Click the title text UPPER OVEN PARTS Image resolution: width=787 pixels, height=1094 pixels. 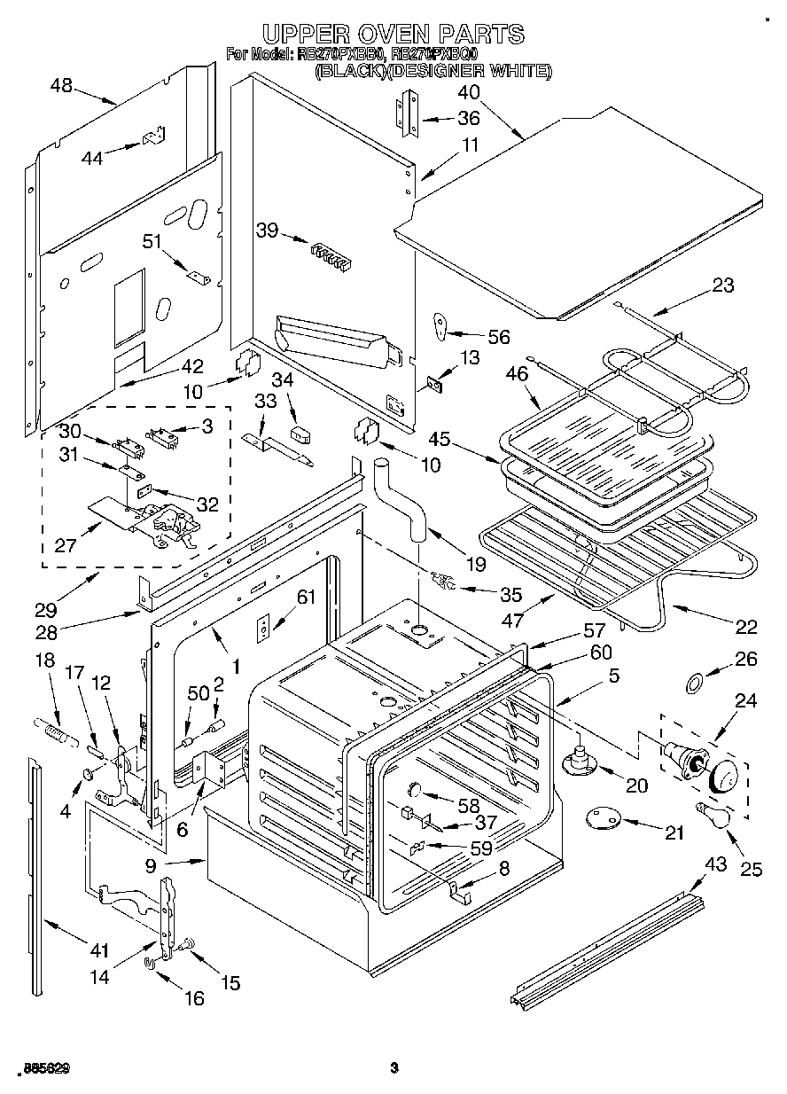tap(393, 34)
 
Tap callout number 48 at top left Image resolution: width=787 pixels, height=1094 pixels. tap(62, 87)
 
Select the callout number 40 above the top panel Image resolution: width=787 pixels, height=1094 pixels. tap(469, 92)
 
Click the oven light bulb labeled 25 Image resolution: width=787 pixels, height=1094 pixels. tap(713, 812)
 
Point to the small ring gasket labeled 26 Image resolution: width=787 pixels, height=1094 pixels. tap(697, 682)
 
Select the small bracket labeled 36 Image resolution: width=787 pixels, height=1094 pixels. tap(405, 118)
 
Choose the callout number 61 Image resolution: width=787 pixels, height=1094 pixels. tap(305, 597)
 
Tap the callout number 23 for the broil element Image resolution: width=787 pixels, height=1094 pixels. tap(723, 285)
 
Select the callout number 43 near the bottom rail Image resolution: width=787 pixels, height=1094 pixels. tap(713, 863)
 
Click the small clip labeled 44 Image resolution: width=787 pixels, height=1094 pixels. tap(151, 139)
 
